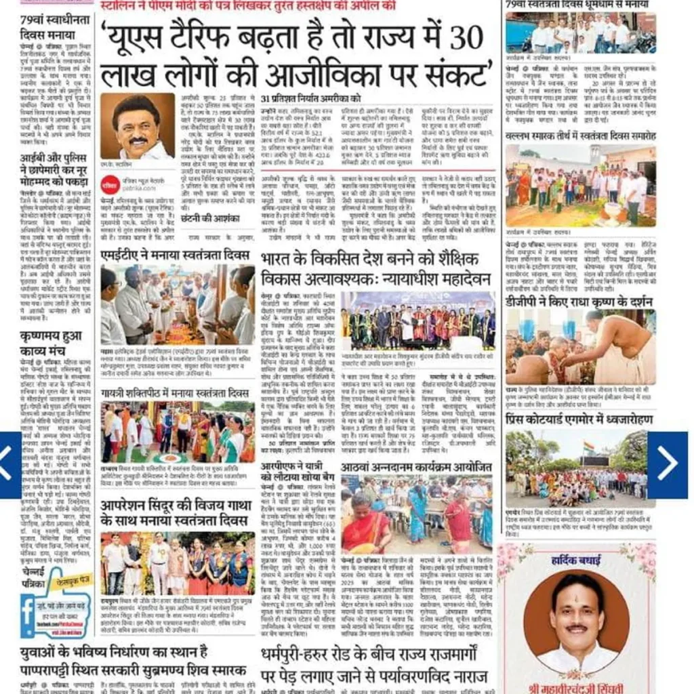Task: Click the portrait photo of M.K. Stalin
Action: tap(137, 126)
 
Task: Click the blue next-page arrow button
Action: tap(667, 464)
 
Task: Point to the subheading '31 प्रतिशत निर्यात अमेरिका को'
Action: tap(311, 99)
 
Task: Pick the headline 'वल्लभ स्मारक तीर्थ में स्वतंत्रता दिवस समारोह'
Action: tap(580, 136)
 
